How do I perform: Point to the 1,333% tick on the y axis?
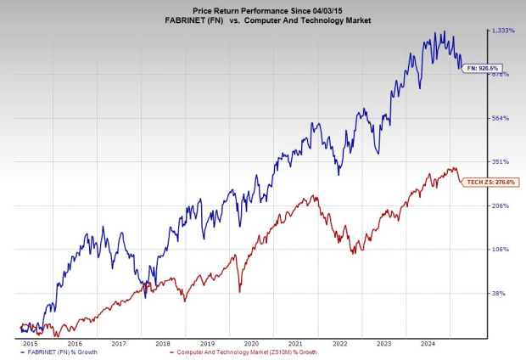[x=503, y=30]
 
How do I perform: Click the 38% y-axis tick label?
[x=500, y=293]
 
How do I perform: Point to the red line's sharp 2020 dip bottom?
[x=239, y=291]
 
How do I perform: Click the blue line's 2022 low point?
[x=339, y=174]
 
